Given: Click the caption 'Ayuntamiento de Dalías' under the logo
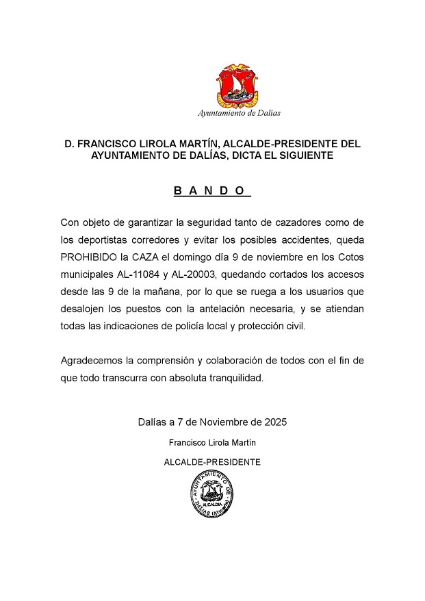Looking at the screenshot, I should pos(239,113).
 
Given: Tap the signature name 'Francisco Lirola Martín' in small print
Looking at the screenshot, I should pos(212,442).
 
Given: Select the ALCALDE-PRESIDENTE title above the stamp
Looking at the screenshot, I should pos(212,462).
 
